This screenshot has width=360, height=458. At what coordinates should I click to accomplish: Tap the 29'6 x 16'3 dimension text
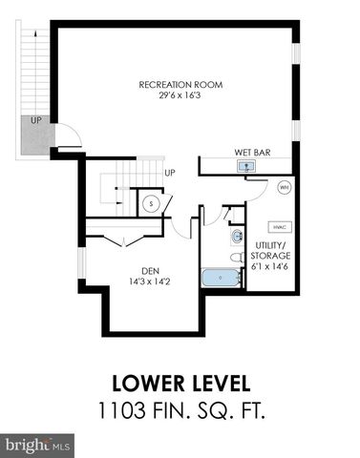pos(180,94)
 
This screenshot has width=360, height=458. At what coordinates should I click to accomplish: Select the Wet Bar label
pos(250,152)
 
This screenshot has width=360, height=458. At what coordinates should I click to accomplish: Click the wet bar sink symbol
pos(246,166)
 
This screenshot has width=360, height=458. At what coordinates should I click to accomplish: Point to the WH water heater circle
pos(284,188)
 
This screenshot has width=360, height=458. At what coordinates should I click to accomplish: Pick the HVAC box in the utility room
pos(280,228)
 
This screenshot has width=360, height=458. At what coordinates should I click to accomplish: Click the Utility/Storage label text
pos(271,252)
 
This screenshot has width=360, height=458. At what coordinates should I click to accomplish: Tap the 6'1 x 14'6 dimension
pos(271,265)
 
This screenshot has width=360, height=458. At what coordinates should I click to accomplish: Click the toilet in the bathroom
pos(235,256)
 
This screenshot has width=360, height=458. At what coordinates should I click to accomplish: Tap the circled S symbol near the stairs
pos(151,202)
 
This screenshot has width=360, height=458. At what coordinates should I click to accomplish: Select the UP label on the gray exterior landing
pos(35,120)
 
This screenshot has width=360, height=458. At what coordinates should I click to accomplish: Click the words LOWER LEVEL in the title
pos(180,385)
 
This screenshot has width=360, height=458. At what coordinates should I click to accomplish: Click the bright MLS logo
pos(38,445)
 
